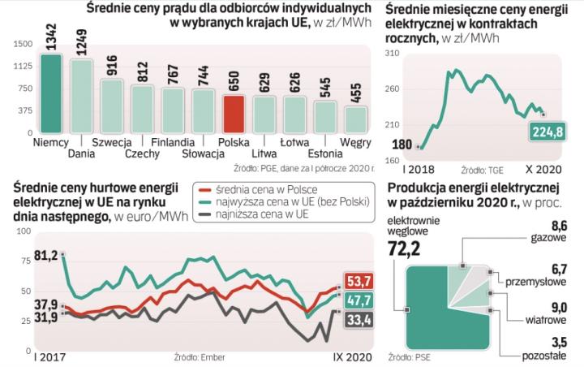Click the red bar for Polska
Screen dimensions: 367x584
tap(234, 114)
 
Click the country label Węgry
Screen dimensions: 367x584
tap(355, 142)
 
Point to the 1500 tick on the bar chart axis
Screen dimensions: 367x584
tap(23, 45)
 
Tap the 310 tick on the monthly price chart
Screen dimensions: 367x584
tap(391, 54)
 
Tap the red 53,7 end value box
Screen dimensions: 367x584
tap(359, 281)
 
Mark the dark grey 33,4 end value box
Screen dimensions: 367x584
tap(359, 322)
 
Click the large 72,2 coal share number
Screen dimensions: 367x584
tap(403, 248)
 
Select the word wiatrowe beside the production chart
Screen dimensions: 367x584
tap(545, 319)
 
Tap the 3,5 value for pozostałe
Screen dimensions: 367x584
tap(552, 342)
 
